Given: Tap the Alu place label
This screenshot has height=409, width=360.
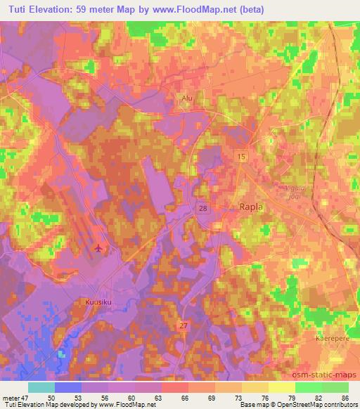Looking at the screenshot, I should tap(187, 99).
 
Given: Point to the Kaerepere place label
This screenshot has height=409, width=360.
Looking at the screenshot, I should tap(331, 338).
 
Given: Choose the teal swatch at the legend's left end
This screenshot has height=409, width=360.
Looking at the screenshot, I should tap(41, 387).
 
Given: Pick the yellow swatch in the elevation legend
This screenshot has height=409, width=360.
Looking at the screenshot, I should tap(281, 387).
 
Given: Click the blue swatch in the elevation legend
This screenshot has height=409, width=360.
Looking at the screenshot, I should tap(67, 387).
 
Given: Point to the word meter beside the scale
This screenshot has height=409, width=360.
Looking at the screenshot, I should tap(12, 397).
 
